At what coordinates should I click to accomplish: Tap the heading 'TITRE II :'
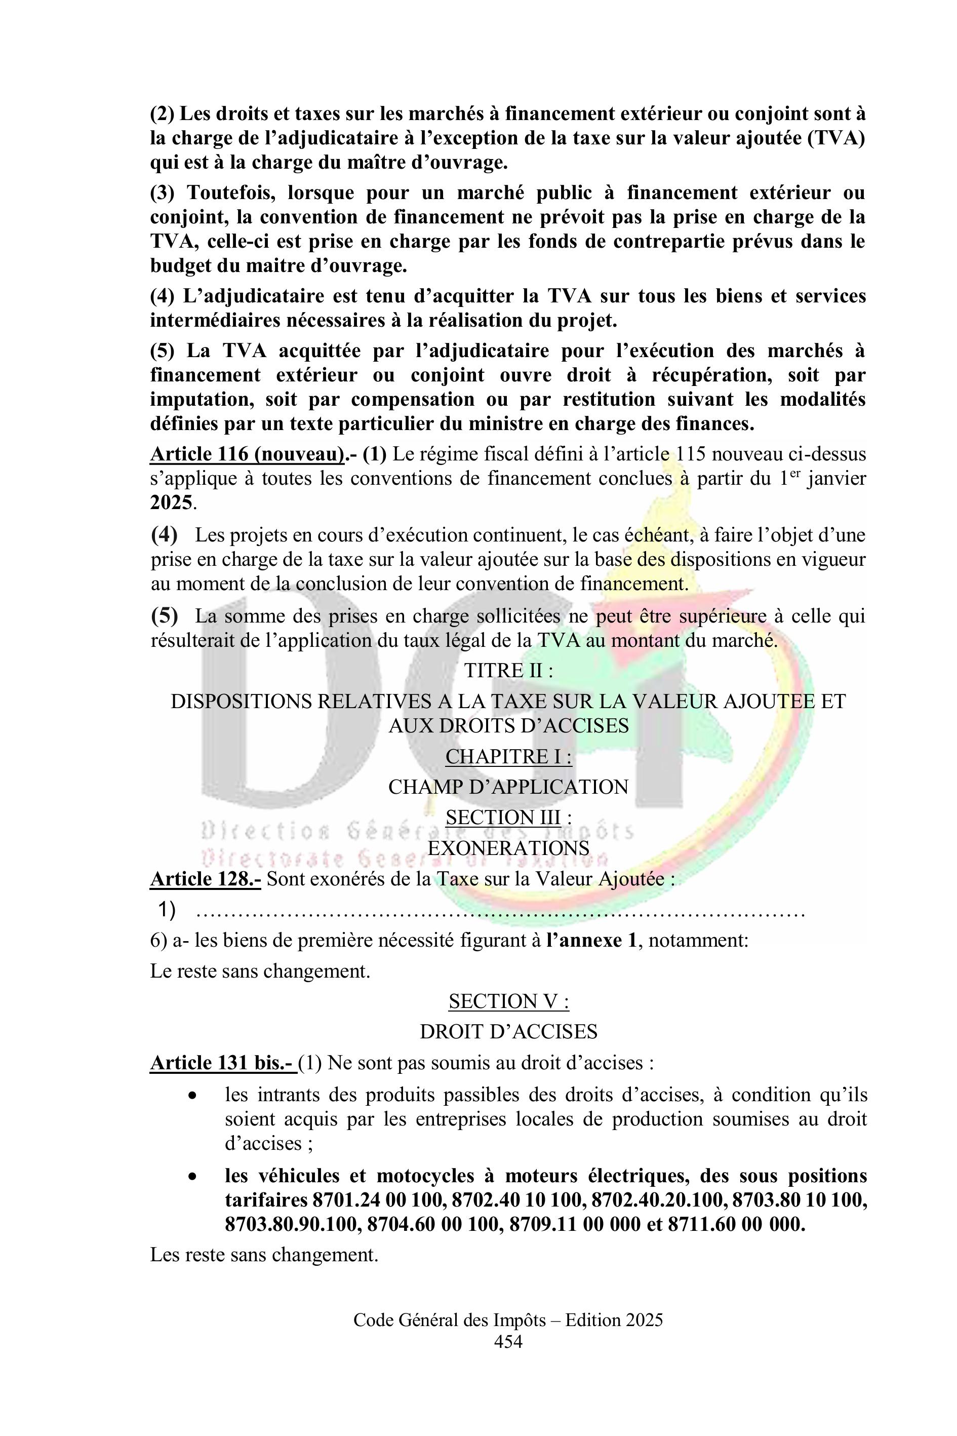508,670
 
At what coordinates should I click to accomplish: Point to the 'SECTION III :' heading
508,818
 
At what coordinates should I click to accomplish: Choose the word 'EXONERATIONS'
508,848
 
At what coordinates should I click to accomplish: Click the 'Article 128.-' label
206,879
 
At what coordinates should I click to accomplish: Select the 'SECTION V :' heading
508,1001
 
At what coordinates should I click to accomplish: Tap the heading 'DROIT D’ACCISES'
508,1032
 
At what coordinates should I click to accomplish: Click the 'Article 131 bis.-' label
223,1063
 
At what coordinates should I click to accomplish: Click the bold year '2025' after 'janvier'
171,502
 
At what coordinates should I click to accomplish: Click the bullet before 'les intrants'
193,1096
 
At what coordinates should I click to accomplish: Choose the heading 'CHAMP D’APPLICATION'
508,787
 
